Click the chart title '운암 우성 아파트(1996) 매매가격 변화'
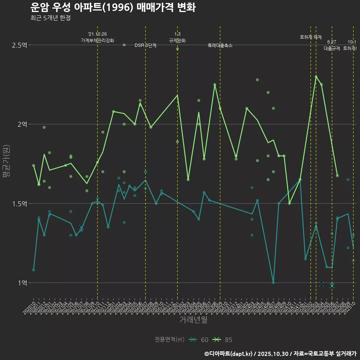pyautogui.click(x=112, y=7)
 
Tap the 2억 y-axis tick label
pyautogui.click(x=22, y=124)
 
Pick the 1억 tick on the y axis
pyautogui.click(x=22, y=283)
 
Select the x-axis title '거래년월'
pyautogui.click(x=193, y=320)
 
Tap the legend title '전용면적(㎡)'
pyautogui.click(x=169, y=340)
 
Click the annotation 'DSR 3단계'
pyautogui.click(x=145, y=45)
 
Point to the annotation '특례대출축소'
pyautogui.click(x=220, y=45)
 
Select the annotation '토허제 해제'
pyautogui.click(x=311, y=37)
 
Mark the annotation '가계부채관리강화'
pyautogui.click(x=97, y=40)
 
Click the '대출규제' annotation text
pyautogui.click(x=332, y=48)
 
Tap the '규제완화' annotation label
pyautogui.click(x=177, y=40)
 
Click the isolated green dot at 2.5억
pyautogui.click(x=124, y=45)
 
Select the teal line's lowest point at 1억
pyautogui.click(x=273, y=283)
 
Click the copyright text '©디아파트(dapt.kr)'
pyautogui.click(x=231, y=354)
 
